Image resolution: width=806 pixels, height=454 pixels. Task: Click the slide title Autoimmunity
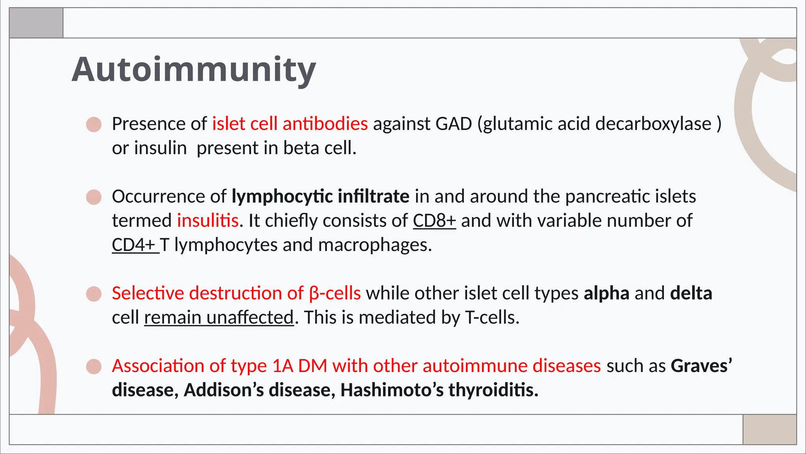pyautogui.click(x=194, y=70)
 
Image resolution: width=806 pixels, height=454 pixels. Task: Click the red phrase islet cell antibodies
pyautogui.click(x=290, y=124)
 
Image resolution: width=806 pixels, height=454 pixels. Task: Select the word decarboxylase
pyautogui.click(x=653, y=124)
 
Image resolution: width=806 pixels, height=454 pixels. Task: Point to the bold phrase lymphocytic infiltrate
pyautogui.click(x=320, y=197)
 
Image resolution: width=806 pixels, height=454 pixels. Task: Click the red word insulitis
pyautogui.click(x=208, y=221)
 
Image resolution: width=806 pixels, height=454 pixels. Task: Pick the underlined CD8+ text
pyautogui.click(x=434, y=221)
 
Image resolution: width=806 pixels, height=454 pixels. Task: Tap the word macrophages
pyautogui.click(x=375, y=245)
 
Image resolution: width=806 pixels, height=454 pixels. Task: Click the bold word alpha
pyautogui.click(x=606, y=294)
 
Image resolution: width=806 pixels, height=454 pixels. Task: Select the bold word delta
pyautogui.click(x=691, y=294)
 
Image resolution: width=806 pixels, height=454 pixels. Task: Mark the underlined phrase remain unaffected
pyautogui.click(x=219, y=318)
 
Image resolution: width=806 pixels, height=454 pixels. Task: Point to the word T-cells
pyautogui.click(x=492, y=318)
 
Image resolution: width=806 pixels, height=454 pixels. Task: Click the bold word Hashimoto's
pyautogui.click(x=392, y=390)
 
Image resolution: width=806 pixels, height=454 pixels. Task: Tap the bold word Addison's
pyautogui.click(x=224, y=390)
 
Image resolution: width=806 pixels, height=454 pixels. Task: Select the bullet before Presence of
pyautogui.click(x=94, y=125)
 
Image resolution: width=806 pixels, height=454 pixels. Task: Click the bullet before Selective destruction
pyautogui.click(x=94, y=294)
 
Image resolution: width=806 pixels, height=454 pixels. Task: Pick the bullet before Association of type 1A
pyautogui.click(x=94, y=367)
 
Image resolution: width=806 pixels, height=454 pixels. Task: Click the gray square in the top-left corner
pyautogui.click(x=36, y=23)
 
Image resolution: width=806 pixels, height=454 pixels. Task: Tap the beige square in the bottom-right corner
pyautogui.click(x=769, y=430)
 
